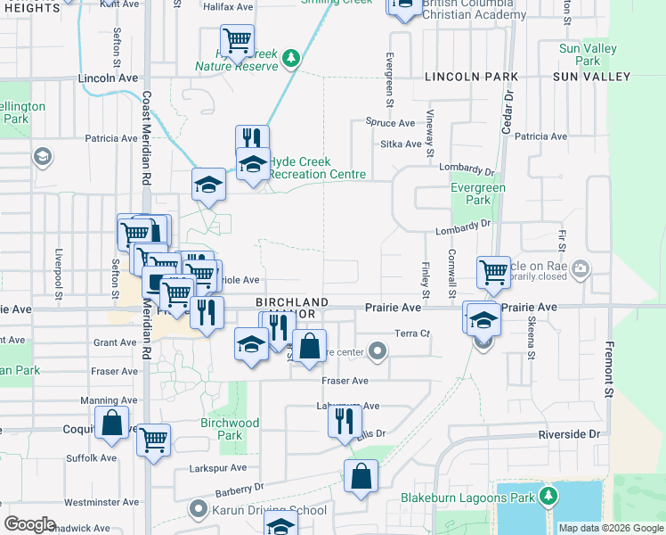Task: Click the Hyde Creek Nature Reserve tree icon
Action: pyautogui.click(x=290, y=59)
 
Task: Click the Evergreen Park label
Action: pyautogui.click(x=478, y=193)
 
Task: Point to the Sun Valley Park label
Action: pyautogui.click(x=582, y=54)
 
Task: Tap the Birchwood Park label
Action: pyautogui.click(x=230, y=429)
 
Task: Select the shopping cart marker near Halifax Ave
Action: pyautogui.click(x=237, y=40)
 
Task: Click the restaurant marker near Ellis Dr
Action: pyautogui.click(x=345, y=420)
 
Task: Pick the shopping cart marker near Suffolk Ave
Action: pyautogui.click(x=154, y=440)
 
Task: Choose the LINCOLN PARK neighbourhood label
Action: pyautogui.click(x=465, y=78)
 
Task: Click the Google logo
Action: pyautogui.click(x=29, y=524)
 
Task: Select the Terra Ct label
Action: pyautogui.click(x=412, y=333)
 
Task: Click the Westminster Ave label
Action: pyautogui.click(x=101, y=502)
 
